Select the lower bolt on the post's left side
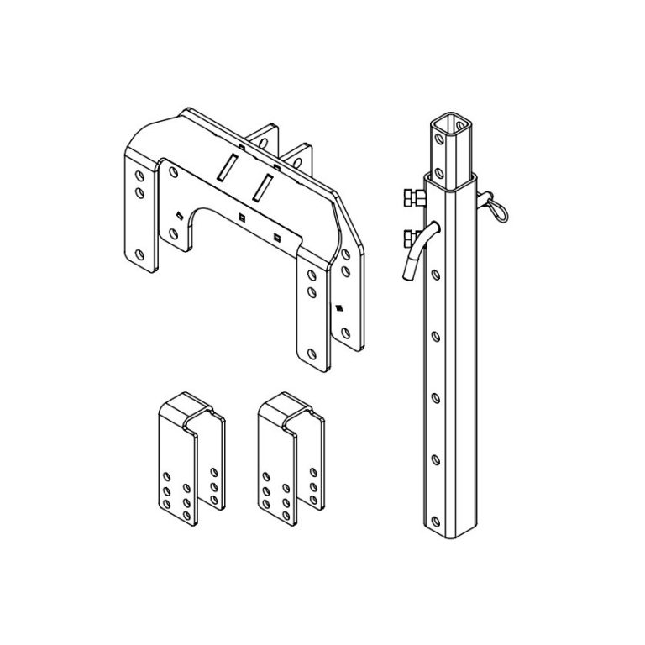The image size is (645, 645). pyautogui.click(x=412, y=235)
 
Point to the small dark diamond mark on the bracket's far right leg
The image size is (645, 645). pyautogui.click(x=339, y=307)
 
